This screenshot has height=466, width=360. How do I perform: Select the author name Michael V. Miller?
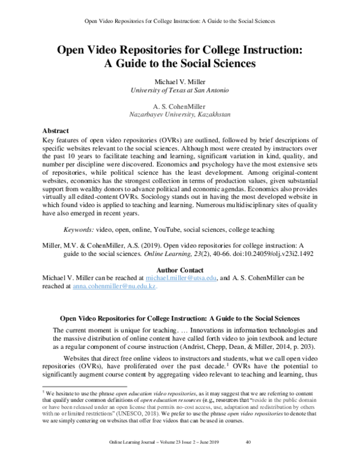point(181,81)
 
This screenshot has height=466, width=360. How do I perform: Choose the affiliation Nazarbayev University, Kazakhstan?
point(181,113)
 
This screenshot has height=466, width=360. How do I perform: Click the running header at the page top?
point(181,20)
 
